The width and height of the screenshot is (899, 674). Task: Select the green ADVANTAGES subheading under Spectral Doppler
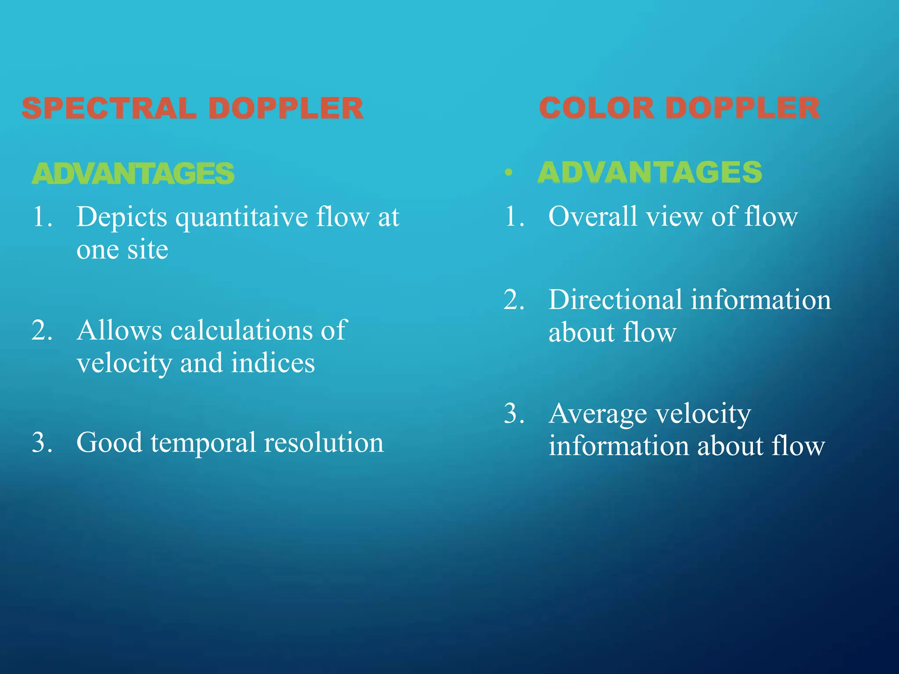coord(133,173)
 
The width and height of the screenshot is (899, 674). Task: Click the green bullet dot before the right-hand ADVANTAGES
coord(508,172)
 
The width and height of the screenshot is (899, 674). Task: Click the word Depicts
coord(122,218)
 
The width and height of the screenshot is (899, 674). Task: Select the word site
coord(147,250)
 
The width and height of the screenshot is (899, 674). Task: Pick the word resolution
coord(324,442)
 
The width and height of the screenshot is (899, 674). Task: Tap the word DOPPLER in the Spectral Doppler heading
coord(285,108)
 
